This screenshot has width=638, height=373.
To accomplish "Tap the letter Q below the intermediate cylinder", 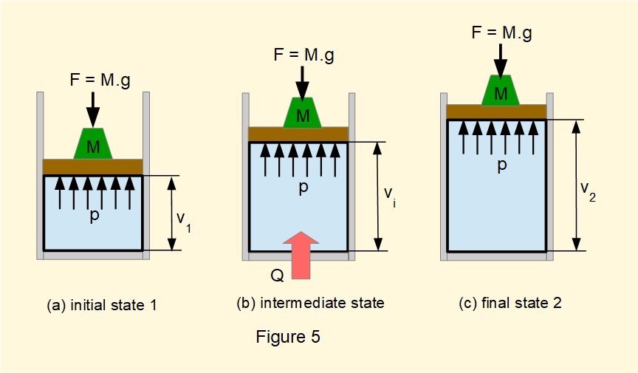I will tap(276, 274).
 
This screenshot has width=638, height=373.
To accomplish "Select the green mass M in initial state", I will tap(93, 146).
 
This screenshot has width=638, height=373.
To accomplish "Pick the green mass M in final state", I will tap(501, 92).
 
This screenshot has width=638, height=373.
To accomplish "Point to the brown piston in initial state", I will tap(92, 167).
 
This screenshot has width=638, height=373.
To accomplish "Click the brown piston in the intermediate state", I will tap(298, 134).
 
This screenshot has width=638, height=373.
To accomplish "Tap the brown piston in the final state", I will tap(496, 112).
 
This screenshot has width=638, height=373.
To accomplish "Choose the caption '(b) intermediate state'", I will tap(310, 303).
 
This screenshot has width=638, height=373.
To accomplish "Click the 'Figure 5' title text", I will tap(288, 338).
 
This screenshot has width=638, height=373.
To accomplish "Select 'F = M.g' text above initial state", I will tap(95, 81).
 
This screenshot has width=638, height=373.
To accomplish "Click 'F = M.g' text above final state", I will tap(501, 32).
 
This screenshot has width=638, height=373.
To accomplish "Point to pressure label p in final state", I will tap(501, 165).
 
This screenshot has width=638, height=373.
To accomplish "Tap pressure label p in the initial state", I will tap(95, 216).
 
